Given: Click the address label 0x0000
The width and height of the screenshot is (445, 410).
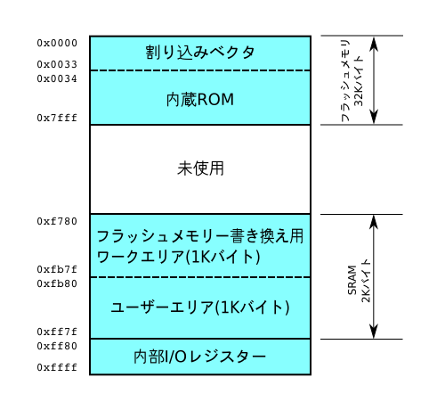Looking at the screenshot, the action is click(x=57, y=43).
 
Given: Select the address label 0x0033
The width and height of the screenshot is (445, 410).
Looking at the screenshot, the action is click(x=57, y=64).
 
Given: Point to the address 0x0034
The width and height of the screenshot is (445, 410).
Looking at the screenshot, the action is click(x=57, y=78).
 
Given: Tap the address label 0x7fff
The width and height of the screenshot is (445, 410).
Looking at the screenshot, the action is click(x=57, y=118).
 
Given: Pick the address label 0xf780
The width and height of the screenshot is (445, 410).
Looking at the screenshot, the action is click(x=57, y=221).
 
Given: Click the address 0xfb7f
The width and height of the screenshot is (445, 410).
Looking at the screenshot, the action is click(x=57, y=269).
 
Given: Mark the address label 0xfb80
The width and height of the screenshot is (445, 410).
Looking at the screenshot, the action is click(x=57, y=283).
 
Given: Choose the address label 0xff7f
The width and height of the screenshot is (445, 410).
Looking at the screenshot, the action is click(x=57, y=332).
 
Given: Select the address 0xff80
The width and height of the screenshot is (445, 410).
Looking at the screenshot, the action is click(x=57, y=346).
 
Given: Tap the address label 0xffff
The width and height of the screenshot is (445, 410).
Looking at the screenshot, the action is click(x=57, y=367).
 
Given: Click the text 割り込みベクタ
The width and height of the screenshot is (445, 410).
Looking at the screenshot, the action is click(x=200, y=53).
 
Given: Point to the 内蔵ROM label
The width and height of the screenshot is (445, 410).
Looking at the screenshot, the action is click(x=200, y=100).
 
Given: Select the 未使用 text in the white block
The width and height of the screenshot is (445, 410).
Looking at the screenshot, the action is click(x=200, y=168).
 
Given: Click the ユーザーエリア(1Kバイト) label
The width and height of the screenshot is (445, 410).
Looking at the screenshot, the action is click(x=200, y=307).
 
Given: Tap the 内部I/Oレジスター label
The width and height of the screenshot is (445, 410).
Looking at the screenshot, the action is click(x=199, y=357).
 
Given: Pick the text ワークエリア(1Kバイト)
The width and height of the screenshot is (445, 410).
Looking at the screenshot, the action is click(x=179, y=257).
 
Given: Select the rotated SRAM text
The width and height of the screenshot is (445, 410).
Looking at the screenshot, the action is click(x=352, y=280).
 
